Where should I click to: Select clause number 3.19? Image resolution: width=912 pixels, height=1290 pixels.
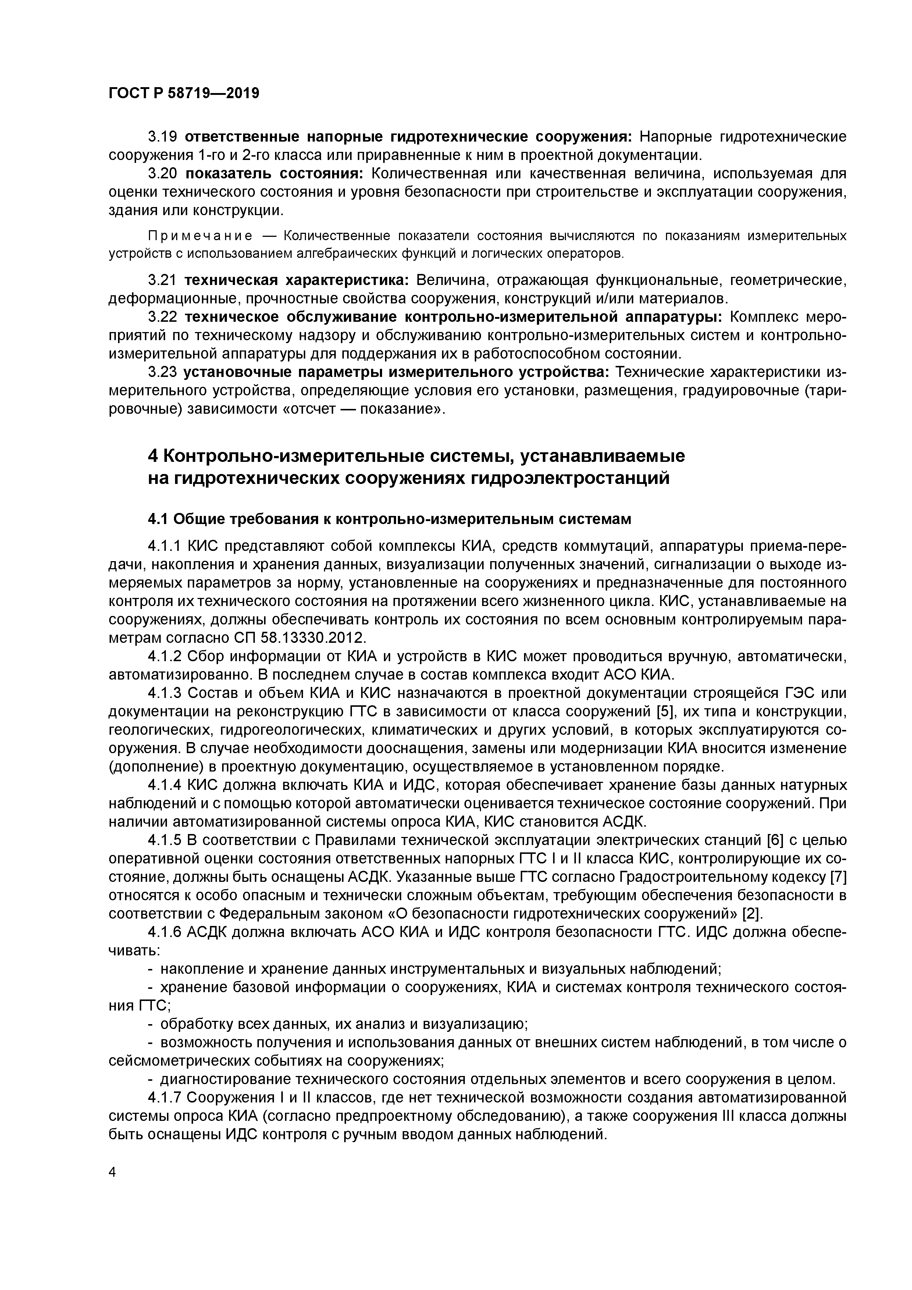163,136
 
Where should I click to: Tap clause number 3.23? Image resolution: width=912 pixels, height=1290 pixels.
163,372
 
